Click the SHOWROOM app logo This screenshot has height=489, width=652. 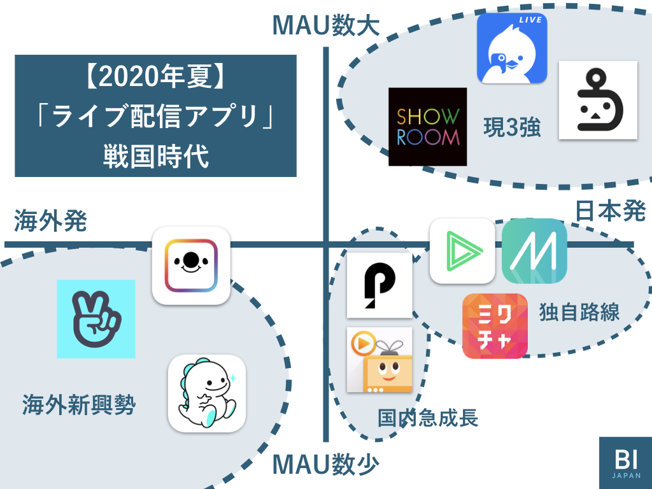coord(427,127)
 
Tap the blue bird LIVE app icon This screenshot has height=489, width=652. coord(512,48)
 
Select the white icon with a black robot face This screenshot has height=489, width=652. coord(598,100)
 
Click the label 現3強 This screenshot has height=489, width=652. coord(512,128)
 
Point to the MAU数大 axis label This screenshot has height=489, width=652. coord(325,25)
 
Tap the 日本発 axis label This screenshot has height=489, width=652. coord(611,211)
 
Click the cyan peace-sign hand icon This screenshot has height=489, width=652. coord(96,318)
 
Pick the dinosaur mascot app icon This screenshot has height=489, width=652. coord(207,393)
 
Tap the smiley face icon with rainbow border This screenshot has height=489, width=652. coord(191,266)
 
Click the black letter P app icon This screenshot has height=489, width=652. coord(379,285)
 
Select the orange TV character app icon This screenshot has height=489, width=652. coord(379,360)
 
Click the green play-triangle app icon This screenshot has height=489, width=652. coord(462,251)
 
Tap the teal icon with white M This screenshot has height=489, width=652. coord(534,251)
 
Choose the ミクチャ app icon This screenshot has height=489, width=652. coord(495,326)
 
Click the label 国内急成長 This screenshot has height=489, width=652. coord(427,418)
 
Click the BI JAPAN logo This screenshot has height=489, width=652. coord(625,462)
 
